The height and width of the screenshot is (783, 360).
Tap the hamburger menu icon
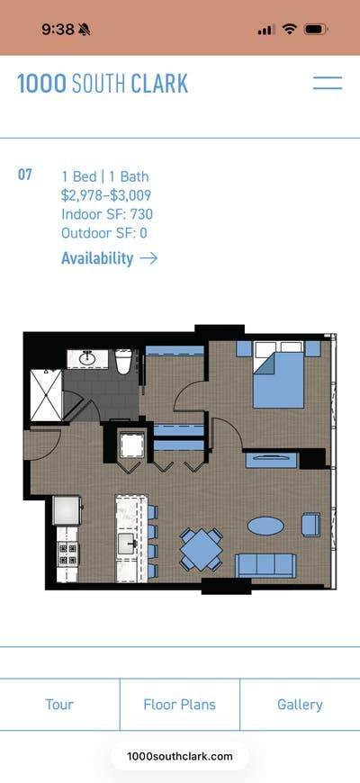pos(327,84)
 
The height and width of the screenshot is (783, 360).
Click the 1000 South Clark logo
pos(103,85)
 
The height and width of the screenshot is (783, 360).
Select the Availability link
pos(97,258)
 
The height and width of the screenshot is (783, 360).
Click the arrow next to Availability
pos(148,258)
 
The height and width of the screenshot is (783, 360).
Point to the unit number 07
pos(25,174)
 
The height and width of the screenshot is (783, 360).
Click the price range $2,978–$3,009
pos(106,194)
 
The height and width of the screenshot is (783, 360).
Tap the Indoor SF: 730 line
pos(107,214)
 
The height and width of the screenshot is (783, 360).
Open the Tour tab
pos(59,705)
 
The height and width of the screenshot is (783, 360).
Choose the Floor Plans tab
pos(179,705)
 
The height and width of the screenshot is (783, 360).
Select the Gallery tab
pos(300,705)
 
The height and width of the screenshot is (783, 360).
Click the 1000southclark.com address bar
pos(180,756)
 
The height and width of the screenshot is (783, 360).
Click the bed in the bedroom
pos(283,376)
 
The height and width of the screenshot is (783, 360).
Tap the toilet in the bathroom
pos(125,361)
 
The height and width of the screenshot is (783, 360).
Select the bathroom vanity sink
pos(87,358)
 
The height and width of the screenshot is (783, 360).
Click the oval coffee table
pos(265,525)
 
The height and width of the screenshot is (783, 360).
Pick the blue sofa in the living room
pos(265,564)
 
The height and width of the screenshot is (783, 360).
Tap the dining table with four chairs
pos(201,548)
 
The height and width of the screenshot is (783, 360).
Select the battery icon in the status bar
pos(316,29)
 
